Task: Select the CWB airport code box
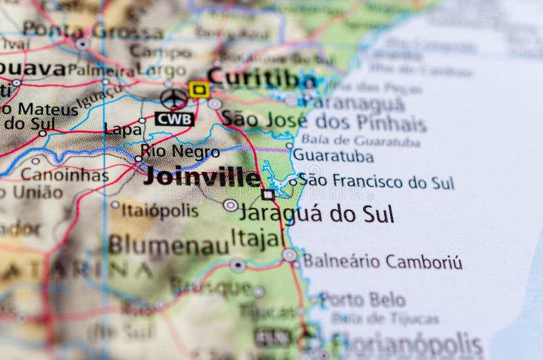tap(174, 119)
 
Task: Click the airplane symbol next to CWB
tap(174, 98)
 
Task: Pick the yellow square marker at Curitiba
tap(199, 89)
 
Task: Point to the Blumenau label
tap(168, 245)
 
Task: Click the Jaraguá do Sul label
tap(316, 213)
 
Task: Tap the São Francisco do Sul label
tap(376, 181)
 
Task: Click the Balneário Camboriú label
tap(382, 262)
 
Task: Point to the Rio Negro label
tap(180, 151)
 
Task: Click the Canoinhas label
tap(64, 175)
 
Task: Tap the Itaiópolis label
tap(160, 210)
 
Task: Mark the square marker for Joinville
tap(268, 195)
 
